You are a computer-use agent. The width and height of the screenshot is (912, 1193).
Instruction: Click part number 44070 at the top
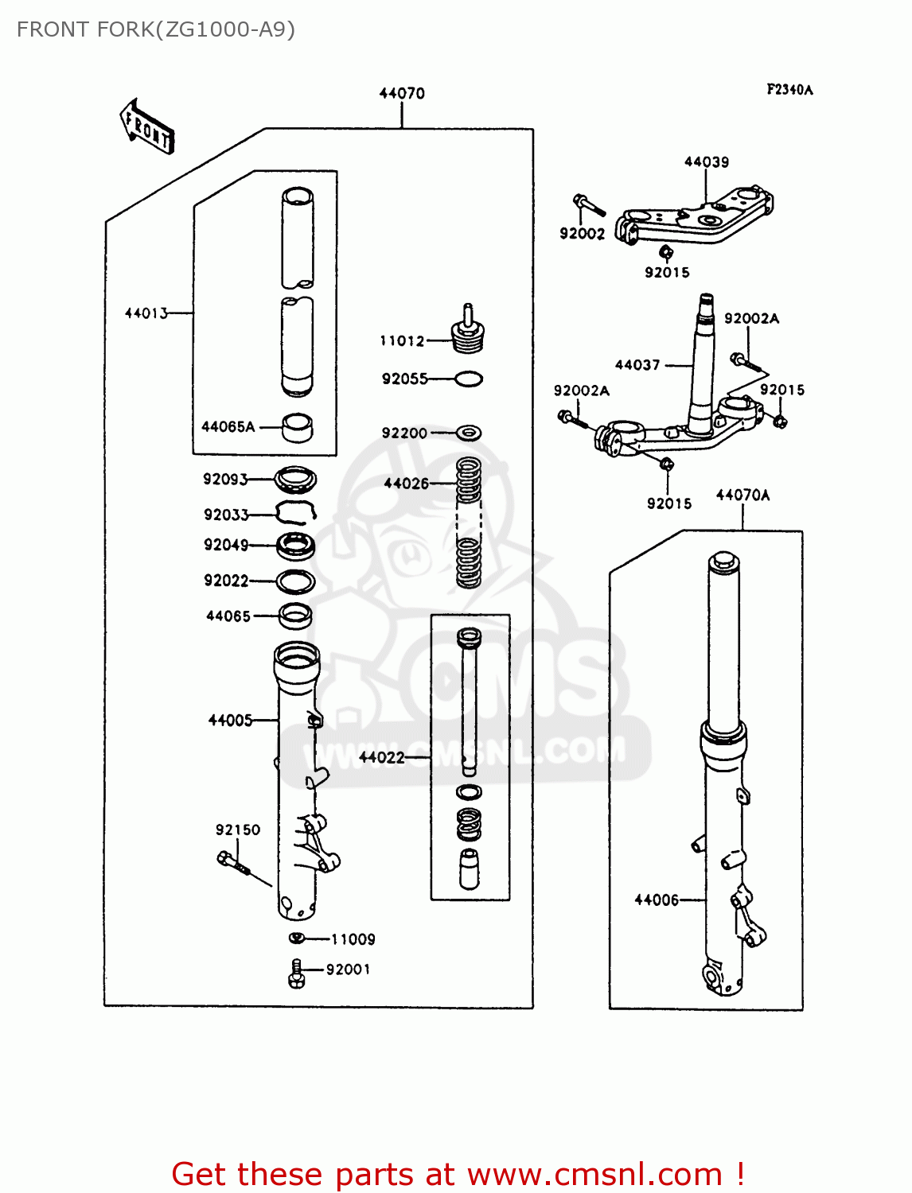[402, 93]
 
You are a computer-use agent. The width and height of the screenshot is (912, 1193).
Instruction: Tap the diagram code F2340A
[789, 90]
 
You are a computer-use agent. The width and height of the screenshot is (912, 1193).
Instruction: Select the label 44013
[146, 313]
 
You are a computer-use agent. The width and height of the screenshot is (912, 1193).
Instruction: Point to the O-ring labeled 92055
[468, 379]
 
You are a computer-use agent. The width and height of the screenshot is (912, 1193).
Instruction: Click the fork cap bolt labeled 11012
[468, 332]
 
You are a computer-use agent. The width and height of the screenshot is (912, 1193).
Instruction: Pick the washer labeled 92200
[469, 433]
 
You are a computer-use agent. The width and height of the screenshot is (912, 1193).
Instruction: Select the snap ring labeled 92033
[296, 513]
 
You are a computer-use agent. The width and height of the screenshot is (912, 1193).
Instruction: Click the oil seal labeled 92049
[296, 546]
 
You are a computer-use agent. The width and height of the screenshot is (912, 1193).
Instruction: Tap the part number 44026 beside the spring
[406, 484]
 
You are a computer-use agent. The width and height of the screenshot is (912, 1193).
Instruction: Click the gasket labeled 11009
[297, 938]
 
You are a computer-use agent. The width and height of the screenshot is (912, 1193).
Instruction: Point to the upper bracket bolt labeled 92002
[589, 204]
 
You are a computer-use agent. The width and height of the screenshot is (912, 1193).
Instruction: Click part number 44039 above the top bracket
[707, 162]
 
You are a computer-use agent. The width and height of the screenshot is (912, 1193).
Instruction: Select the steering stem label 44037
[637, 365]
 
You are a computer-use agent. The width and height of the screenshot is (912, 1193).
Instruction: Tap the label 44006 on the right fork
[657, 900]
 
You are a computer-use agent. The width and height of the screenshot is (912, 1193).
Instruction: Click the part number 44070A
[742, 495]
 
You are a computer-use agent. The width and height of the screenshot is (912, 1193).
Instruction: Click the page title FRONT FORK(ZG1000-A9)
[156, 29]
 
